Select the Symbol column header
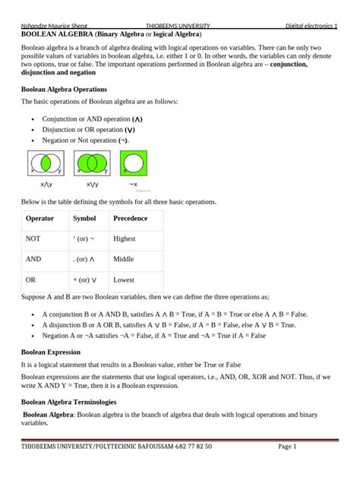tap(84, 219)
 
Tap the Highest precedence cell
tap(125, 238)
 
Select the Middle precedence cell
tap(124, 259)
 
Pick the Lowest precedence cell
tap(124, 279)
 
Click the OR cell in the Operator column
tap(31, 279)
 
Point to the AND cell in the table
tap(33, 259)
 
